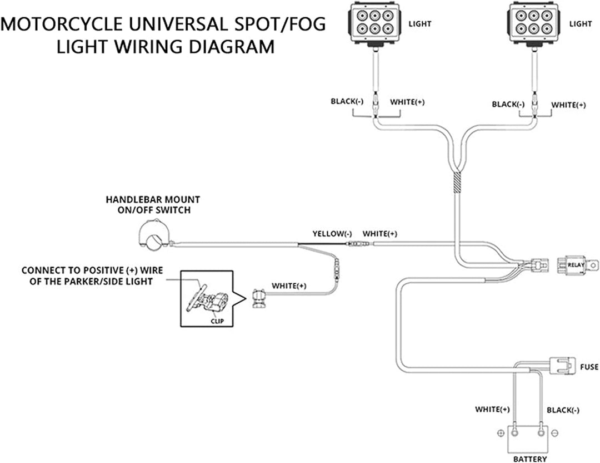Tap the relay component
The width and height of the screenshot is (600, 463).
577,265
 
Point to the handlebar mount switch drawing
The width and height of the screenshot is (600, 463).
154,233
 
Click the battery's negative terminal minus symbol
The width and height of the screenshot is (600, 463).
555,434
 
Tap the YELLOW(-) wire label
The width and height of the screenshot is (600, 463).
332,234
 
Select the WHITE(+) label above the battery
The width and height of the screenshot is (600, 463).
492,410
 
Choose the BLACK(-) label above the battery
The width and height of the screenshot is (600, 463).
563,410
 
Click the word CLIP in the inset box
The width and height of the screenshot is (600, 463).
217,321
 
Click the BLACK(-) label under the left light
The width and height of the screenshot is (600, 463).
347,102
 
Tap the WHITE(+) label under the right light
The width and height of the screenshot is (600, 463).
568,105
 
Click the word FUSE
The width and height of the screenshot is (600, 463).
589,367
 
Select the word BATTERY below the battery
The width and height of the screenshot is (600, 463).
530,459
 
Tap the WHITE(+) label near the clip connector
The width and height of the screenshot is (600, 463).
289,286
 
